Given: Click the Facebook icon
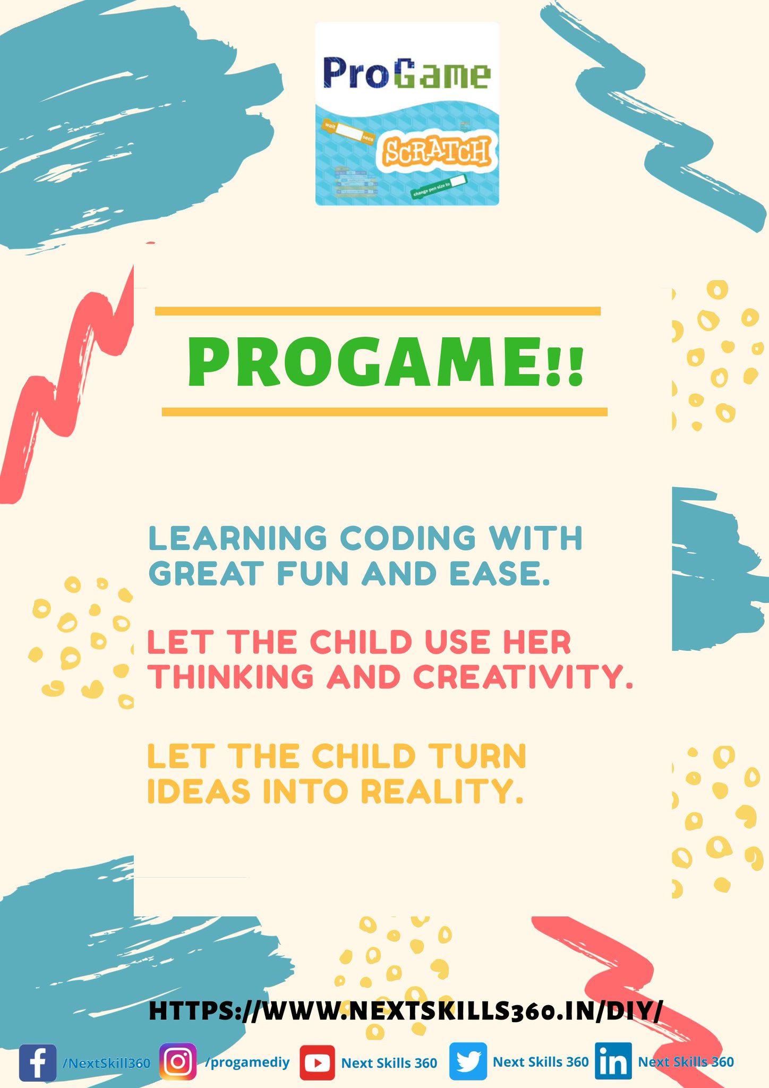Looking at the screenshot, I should click(38, 1062).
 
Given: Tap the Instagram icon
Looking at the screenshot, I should click(178, 1061).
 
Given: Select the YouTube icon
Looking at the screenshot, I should click(317, 1062).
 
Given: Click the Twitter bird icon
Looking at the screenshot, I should click(468, 1061).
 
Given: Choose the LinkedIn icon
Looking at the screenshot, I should click(613, 1061).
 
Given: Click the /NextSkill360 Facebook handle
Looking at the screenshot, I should click(106, 1062).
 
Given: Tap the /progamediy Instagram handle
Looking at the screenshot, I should click(247, 1062).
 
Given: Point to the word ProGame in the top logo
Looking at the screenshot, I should click(407, 75).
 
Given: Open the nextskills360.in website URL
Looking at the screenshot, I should click(406, 1010).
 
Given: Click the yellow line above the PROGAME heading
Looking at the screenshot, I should click(378, 311).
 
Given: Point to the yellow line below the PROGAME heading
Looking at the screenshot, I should click(384, 412).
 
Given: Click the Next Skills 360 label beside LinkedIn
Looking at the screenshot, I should click(686, 1061).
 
